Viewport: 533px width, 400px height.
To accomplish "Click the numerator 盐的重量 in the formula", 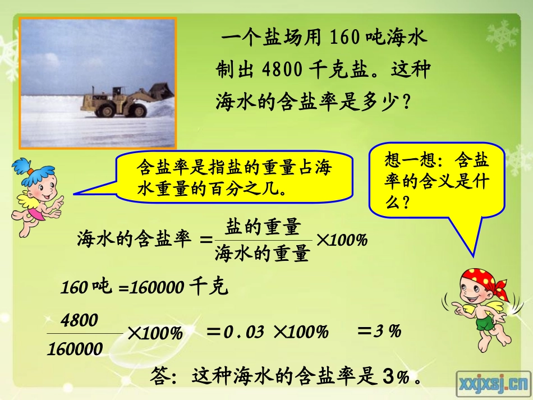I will point(263,227).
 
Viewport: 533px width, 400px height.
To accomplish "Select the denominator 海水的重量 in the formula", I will point(262,254).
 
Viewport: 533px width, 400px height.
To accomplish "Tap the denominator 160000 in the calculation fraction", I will point(75,349).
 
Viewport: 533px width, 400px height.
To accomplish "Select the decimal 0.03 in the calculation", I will point(243,332).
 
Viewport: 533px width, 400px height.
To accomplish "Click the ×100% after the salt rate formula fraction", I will point(342,240).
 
